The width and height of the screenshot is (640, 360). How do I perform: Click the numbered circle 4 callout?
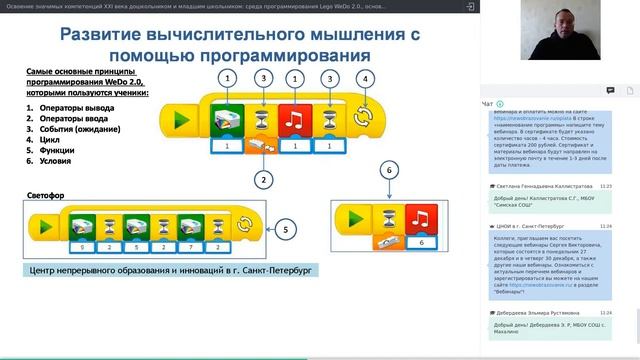click(366, 78)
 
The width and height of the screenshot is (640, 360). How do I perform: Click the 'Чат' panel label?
click(487, 103)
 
